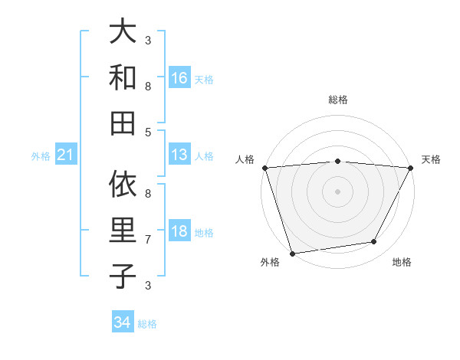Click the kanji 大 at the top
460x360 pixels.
(122, 32)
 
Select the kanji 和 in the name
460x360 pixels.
(122, 77)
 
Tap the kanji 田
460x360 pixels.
(122, 121)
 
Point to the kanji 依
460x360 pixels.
(122, 185)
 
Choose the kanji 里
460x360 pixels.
(122, 230)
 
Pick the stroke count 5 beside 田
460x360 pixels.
(148, 132)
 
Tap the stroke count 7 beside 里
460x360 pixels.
(148, 240)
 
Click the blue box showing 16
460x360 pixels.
(179, 78)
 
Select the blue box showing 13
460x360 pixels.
(179, 155)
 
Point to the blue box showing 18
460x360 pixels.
(179, 231)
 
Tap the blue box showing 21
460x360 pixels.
(65, 155)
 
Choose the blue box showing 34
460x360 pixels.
(123, 322)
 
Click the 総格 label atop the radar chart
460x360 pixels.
(337, 100)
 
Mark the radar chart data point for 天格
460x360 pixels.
(411, 168)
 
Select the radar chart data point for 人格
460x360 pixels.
(264, 168)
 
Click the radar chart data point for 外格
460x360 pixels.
(292, 253)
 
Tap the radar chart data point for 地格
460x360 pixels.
(374, 242)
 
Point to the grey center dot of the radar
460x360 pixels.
(337, 191)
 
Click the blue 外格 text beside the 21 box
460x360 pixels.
(41, 156)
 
